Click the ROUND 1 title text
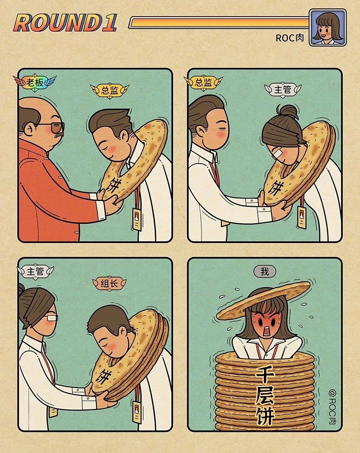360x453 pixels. click(65, 23)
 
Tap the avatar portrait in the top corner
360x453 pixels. click(327, 28)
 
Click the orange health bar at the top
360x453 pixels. click(219, 23)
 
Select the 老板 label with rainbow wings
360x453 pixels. click(35, 82)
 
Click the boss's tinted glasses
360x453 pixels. click(53, 127)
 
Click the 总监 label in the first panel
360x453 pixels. click(110, 90)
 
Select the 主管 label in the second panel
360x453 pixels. click(283, 90)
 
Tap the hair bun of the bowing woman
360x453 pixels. click(288, 112)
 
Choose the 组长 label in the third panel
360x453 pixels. click(110, 283)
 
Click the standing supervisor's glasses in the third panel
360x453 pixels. click(51, 317)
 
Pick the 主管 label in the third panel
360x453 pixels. click(35, 271)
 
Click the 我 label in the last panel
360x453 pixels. click(265, 271)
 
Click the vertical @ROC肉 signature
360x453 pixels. click(332, 407)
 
